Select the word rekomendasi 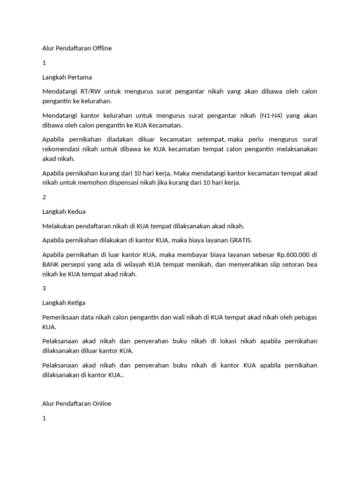coord(63,149)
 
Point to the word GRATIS coord(240,240)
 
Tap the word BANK coord(52,265)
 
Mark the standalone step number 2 coord(44,197)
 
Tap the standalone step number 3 coord(44,288)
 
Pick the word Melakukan coord(58,226)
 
